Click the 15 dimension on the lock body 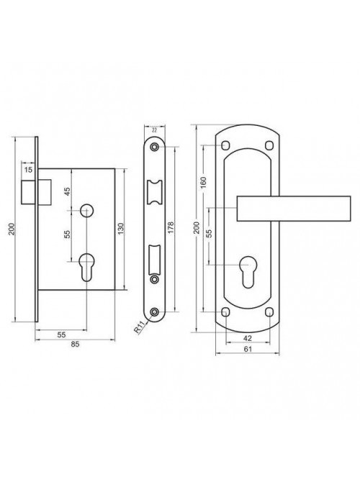(28, 169)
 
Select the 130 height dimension (120, 229)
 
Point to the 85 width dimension (75, 345)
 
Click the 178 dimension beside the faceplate (171, 227)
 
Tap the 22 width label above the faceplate (155, 130)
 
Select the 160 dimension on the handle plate (203, 183)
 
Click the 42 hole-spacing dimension (248, 338)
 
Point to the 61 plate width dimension (248, 349)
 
